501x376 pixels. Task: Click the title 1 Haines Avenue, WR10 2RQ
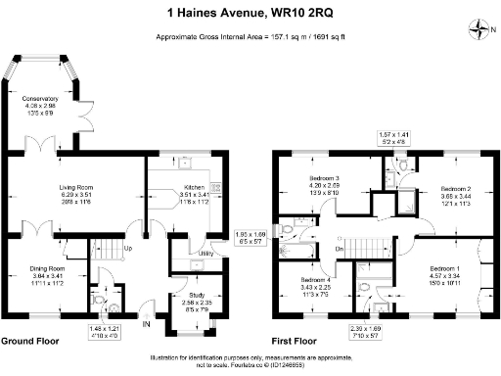250,13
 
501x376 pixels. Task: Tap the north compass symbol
478,29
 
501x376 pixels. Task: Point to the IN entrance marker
146,323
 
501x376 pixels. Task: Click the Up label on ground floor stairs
127,248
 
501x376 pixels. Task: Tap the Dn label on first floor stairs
340,248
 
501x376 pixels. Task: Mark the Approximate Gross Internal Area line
250,36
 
